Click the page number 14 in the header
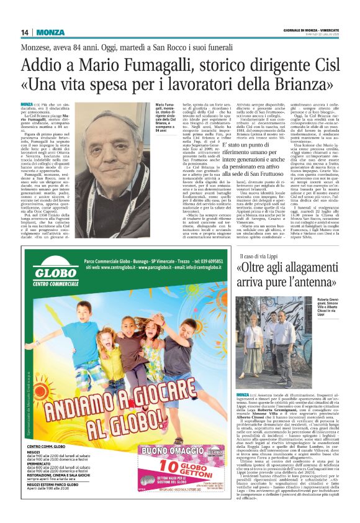[25, 33]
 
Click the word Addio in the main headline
[42, 65]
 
